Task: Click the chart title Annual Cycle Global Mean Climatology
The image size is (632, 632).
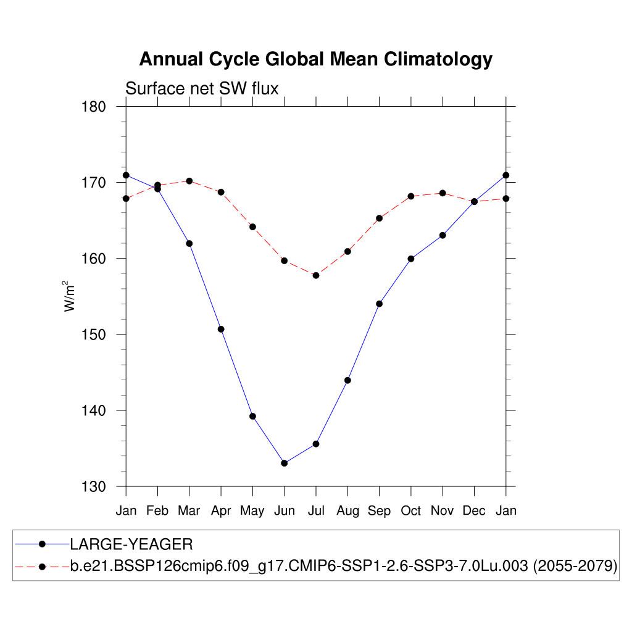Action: pyautogui.click(x=315, y=59)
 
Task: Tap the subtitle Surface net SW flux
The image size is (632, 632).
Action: pyautogui.click(x=202, y=89)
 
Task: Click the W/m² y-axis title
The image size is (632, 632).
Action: pyautogui.click(x=70, y=296)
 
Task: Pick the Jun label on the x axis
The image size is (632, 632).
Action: pyautogui.click(x=284, y=511)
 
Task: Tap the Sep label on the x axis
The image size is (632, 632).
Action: pyautogui.click(x=379, y=511)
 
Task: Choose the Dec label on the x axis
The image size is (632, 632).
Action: pyautogui.click(x=474, y=511)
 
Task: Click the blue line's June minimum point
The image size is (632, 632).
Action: pyautogui.click(x=284, y=463)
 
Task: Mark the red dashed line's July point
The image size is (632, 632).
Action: pyautogui.click(x=316, y=275)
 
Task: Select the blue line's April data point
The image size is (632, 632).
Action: pyautogui.click(x=221, y=329)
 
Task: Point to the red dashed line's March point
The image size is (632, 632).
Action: pyautogui.click(x=189, y=181)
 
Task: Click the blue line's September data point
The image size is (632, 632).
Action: pyautogui.click(x=379, y=304)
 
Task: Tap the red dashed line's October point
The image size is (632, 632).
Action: pyautogui.click(x=411, y=196)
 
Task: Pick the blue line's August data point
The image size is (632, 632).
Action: pyautogui.click(x=347, y=380)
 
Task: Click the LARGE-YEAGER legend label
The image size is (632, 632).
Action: pyautogui.click(x=131, y=544)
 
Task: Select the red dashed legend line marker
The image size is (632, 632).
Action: pyautogui.click(x=42, y=567)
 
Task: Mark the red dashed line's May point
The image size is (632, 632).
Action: pyautogui.click(x=252, y=227)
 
